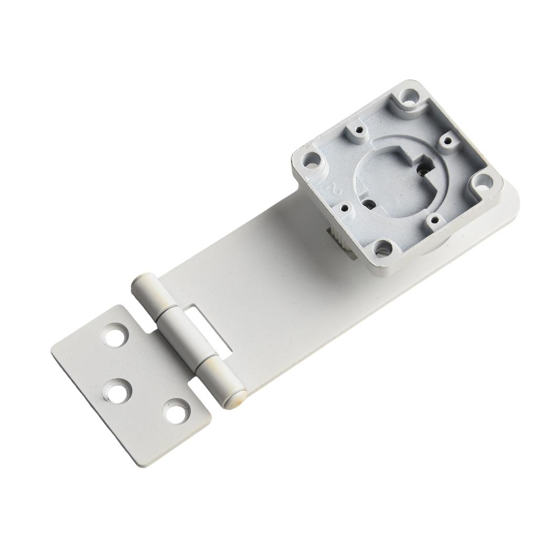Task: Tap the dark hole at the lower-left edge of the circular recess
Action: pyautogui.click(x=371, y=203)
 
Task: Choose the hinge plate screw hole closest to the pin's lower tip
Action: pyautogui.click(x=176, y=411)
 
